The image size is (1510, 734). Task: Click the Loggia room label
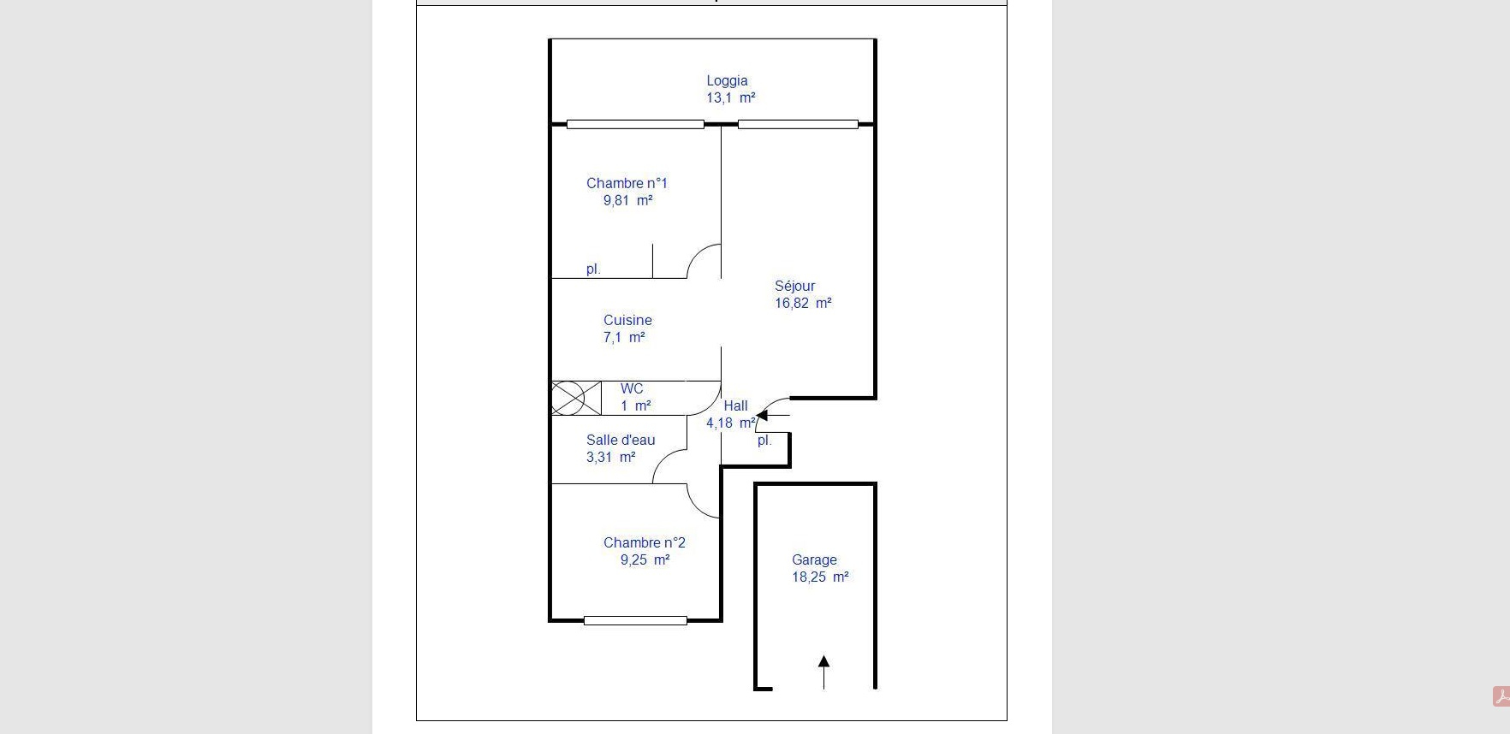click(727, 81)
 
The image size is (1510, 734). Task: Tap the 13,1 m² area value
click(730, 98)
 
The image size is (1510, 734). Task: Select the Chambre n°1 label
click(627, 183)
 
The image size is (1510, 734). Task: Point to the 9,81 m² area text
click(627, 200)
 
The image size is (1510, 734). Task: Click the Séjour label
click(794, 286)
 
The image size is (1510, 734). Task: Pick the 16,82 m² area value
click(803, 303)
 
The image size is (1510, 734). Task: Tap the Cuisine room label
click(627, 320)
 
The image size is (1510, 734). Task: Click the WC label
click(632, 388)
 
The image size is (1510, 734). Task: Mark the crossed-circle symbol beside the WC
click(568, 398)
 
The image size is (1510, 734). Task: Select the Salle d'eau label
click(621, 440)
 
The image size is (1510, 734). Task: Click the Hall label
click(735, 405)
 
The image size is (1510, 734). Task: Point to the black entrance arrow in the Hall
click(773, 416)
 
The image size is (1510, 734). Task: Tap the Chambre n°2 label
click(645, 542)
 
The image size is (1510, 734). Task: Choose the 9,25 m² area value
click(645, 559)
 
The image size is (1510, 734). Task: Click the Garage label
click(814, 559)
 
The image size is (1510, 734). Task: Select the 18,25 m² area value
click(820, 577)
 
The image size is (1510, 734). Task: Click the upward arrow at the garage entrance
click(823, 672)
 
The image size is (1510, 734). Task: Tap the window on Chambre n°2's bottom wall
click(635, 620)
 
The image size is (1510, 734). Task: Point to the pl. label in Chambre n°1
click(593, 269)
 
